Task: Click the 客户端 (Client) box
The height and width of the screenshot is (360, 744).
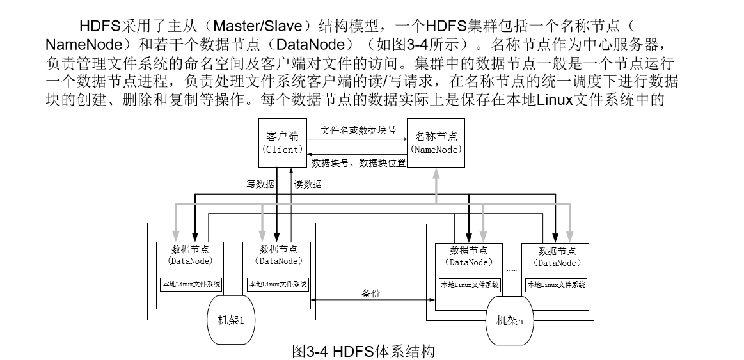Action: point(282,143)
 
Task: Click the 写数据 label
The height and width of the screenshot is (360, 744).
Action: point(260,184)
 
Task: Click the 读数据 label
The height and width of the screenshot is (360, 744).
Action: point(308,184)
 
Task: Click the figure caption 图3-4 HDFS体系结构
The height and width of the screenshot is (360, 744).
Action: point(363,351)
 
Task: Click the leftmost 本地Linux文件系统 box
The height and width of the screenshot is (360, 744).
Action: point(191,284)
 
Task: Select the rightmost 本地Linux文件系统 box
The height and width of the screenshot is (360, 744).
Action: point(556,285)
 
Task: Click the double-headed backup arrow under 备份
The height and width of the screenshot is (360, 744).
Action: point(369,301)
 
